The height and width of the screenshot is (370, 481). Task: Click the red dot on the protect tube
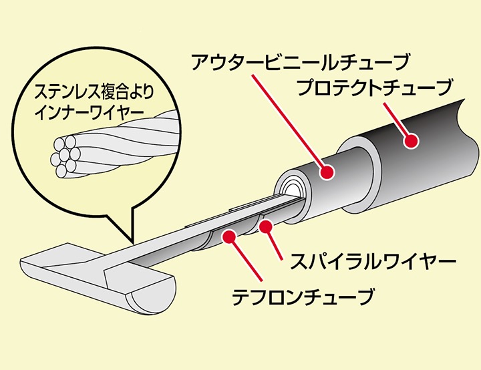tap(412, 141)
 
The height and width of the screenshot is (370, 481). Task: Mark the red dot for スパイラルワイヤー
tap(266, 227)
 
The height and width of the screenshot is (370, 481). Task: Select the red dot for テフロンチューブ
tap(229, 235)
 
